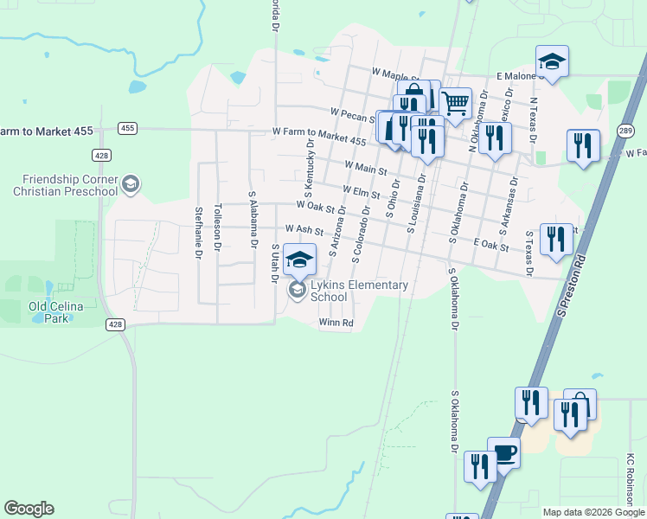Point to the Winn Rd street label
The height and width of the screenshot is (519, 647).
(x=336, y=324)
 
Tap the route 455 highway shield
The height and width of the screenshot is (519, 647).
(x=127, y=128)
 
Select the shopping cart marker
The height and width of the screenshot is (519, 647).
(x=455, y=103)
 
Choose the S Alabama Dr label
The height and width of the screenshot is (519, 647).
(x=253, y=221)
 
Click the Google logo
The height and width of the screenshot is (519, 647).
(x=29, y=509)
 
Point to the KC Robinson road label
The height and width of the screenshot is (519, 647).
(x=631, y=479)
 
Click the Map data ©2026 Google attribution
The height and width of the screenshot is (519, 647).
(x=594, y=512)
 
